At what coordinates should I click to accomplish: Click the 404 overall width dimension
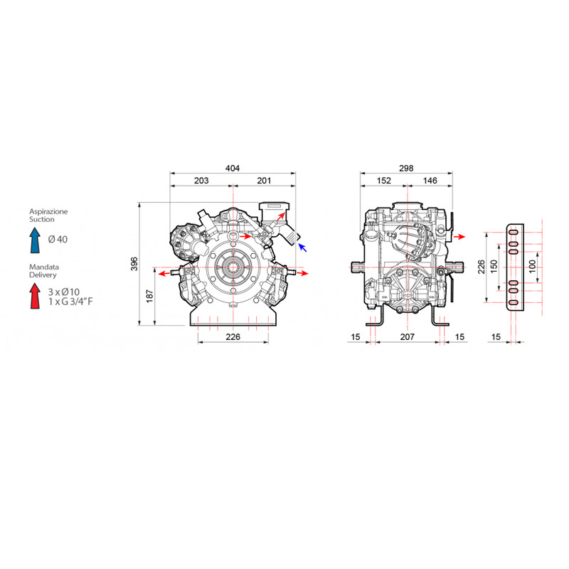[x=233, y=168]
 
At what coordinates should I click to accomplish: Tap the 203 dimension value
[x=201, y=181]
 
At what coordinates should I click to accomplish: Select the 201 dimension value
[x=264, y=181]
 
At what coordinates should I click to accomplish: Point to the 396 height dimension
[x=134, y=264]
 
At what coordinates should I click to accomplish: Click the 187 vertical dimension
[x=150, y=296]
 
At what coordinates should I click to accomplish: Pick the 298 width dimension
[x=406, y=168]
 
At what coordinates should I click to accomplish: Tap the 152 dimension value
[x=383, y=181]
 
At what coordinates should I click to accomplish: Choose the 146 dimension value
[x=430, y=181]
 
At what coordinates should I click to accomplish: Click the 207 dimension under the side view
[x=407, y=336]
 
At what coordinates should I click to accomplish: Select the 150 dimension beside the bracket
[x=494, y=267]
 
